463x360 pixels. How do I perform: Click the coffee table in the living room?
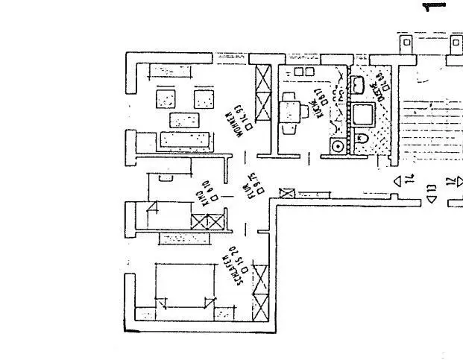pyautogui.click(x=184, y=119)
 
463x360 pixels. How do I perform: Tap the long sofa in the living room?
pyautogui.click(x=186, y=139)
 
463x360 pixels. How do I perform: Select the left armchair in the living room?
pyautogui.click(x=166, y=98)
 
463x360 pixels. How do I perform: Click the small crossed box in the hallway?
pyautogui.click(x=284, y=193)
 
